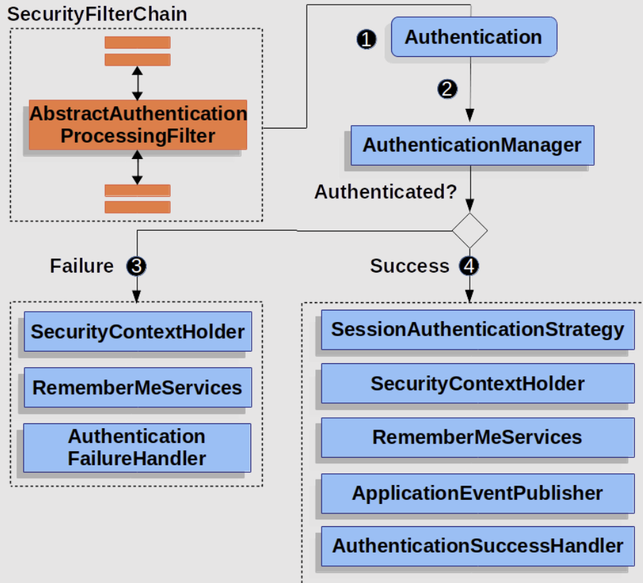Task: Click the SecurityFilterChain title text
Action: click(x=97, y=15)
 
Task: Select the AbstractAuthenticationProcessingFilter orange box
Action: click(x=138, y=124)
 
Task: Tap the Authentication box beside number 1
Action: click(x=474, y=37)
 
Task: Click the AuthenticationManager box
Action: click(x=472, y=145)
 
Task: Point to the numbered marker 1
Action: click(x=366, y=39)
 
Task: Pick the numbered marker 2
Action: click(x=447, y=89)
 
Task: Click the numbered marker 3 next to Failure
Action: click(x=136, y=266)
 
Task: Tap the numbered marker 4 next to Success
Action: click(x=469, y=266)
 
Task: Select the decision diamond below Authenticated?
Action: click(x=470, y=231)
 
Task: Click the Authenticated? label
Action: click(x=386, y=191)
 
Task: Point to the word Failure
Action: click(x=82, y=266)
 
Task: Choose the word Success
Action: click(x=409, y=266)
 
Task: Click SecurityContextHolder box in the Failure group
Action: click(x=138, y=331)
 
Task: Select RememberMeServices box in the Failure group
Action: click(x=138, y=388)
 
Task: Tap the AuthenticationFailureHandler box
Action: click(x=137, y=448)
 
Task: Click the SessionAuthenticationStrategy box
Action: click(x=478, y=330)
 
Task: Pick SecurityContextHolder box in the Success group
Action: click(x=478, y=383)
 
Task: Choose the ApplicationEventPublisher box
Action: click(x=478, y=493)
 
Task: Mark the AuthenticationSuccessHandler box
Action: click(x=478, y=546)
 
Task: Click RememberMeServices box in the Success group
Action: click(x=478, y=438)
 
